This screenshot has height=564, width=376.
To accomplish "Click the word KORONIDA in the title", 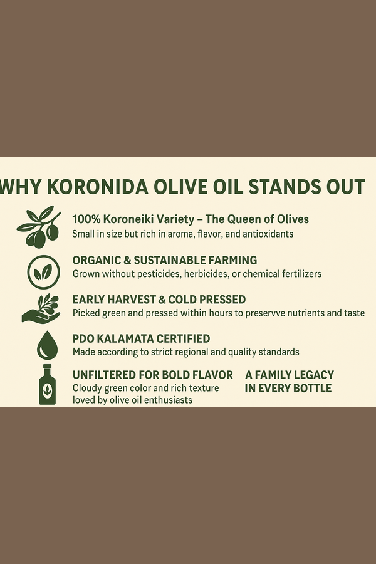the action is click(98, 187).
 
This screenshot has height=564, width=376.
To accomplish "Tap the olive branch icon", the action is click(39, 227).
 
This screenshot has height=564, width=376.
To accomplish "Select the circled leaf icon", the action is click(43, 273).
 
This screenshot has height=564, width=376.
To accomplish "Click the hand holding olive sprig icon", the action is click(41, 308).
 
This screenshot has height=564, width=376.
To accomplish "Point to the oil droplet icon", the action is click(47, 345).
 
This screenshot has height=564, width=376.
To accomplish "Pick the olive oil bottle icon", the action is click(47, 385).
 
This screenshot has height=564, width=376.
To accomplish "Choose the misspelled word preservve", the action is click(266, 313).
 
